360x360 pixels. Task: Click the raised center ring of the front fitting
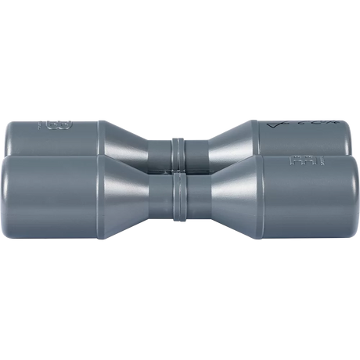(x=180, y=200)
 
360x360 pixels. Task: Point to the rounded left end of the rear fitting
(x=14, y=137)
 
